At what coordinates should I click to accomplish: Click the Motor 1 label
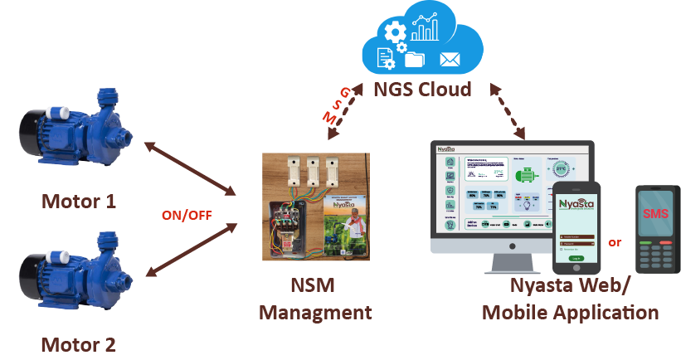[80, 201]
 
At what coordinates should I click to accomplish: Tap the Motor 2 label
[80, 343]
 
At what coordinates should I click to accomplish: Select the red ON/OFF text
[187, 215]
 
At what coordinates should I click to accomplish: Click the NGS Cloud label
[423, 89]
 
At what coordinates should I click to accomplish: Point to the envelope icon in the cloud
[450, 60]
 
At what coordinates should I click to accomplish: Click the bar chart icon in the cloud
[426, 30]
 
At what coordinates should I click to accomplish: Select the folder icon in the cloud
[415, 60]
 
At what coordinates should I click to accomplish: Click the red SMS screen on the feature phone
[655, 213]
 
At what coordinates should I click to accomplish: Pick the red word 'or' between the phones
[615, 242]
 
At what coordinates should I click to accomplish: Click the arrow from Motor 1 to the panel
[190, 169]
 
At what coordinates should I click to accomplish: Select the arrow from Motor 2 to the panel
[190, 249]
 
